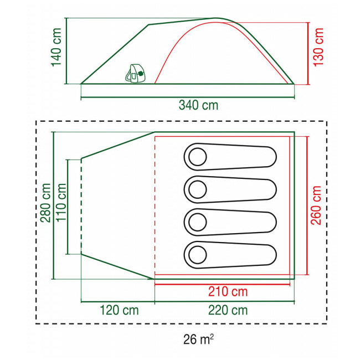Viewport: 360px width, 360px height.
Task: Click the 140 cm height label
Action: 56,47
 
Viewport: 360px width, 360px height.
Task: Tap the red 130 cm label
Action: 318,47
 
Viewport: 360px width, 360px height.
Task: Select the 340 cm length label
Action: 198,105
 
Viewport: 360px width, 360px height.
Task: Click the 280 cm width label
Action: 45,203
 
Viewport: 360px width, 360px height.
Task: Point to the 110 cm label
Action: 61,203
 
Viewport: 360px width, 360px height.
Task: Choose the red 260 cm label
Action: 316,205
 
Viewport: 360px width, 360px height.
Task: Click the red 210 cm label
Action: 228,292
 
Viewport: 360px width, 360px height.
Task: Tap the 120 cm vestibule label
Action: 119,310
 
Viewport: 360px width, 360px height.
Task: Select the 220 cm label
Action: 228,310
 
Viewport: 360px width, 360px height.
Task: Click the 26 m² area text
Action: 198,340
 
